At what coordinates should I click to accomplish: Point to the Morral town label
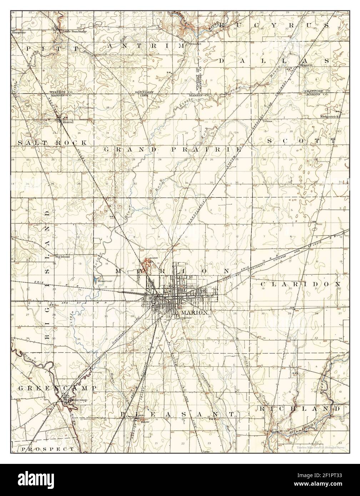click(x=67, y=122)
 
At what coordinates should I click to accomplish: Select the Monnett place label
click(x=306, y=65)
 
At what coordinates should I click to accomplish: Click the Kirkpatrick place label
click(x=329, y=117)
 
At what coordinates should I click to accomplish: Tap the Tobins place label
click(x=267, y=121)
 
